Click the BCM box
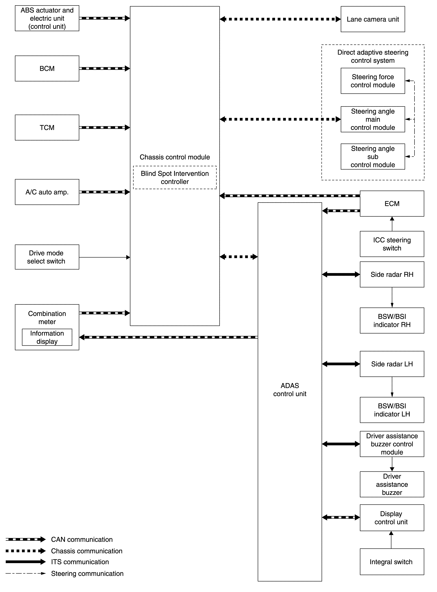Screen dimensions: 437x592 click(47, 68)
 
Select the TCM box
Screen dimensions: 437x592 click(47, 127)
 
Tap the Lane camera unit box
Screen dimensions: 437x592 click(373, 19)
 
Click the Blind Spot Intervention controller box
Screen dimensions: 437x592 click(175, 177)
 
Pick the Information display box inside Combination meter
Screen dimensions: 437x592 click(47, 337)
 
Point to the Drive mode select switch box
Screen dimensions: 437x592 click(47, 257)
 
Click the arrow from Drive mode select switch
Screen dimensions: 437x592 click(105, 257)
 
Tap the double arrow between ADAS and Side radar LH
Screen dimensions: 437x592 click(341, 364)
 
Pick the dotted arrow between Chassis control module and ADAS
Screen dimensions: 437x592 click(239, 257)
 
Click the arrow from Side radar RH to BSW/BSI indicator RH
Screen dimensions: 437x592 click(392, 297)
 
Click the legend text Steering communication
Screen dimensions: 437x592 click(87, 574)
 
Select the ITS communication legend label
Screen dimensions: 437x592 click(80, 562)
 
